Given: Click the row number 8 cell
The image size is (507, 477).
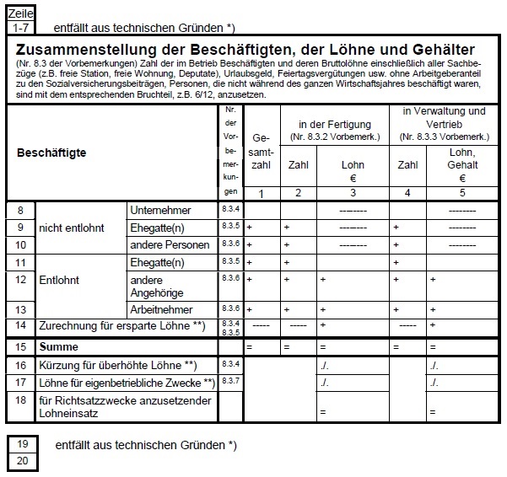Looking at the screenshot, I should [x=20, y=210].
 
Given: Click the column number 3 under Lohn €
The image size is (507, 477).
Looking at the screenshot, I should [x=353, y=194].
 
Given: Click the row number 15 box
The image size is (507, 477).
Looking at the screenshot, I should [x=20, y=347].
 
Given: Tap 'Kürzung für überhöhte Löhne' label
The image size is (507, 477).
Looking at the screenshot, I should [x=123, y=365].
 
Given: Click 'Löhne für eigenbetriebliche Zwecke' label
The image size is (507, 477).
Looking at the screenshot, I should [x=127, y=383].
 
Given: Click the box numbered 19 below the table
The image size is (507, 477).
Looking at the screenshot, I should [x=22, y=444].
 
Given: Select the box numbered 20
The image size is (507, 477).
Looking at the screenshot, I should [x=22, y=460].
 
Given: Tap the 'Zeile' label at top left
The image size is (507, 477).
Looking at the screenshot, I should [x=20, y=14].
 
